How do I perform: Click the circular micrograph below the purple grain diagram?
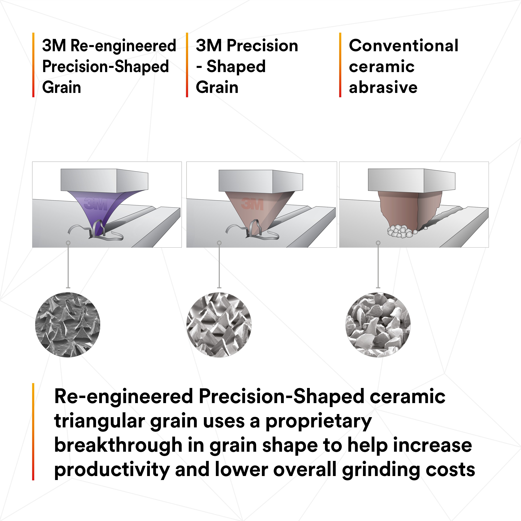(x=68, y=325)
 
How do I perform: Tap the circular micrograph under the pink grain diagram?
(x=219, y=325)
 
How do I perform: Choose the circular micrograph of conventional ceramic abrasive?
(x=378, y=325)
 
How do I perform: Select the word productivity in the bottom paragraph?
(x=112, y=469)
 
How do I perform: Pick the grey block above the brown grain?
(x=412, y=180)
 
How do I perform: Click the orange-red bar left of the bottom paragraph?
(x=33, y=431)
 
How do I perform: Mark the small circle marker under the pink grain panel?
(x=219, y=243)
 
